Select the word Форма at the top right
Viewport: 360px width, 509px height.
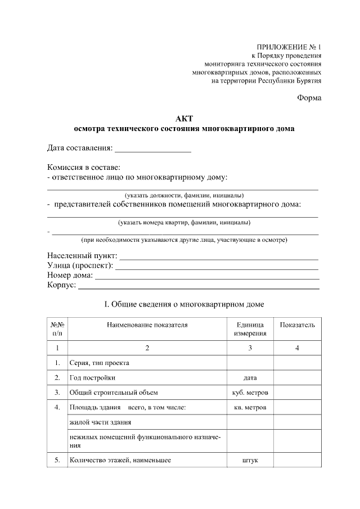[x=309, y=98]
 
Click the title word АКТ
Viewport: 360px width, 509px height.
[x=184, y=118]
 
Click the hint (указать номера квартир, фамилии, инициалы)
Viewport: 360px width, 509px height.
[x=184, y=222]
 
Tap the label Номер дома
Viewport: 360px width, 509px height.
[x=70, y=276]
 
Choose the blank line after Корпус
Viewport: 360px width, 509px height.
[x=198, y=286]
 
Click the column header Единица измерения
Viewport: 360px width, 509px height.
[x=250, y=329]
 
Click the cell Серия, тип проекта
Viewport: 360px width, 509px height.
[x=99, y=363]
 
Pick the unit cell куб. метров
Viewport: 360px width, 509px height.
[x=250, y=392]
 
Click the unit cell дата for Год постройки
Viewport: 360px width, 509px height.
[x=250, y=377]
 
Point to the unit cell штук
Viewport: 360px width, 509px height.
[x=250, y=460]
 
